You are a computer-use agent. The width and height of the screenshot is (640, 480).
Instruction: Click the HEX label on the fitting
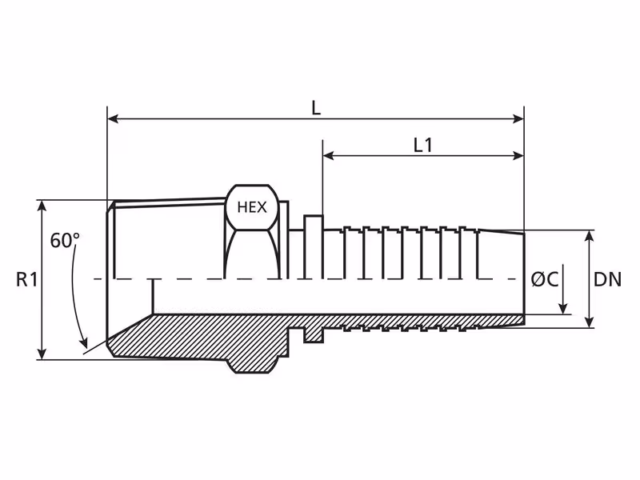(x=252, y=207)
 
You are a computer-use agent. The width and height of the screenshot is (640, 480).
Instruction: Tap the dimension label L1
(x=423, y=146)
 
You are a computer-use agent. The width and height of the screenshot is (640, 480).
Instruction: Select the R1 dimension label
(x=27, y=279)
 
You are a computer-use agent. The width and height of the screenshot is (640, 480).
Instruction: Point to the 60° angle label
(x=65, y=240)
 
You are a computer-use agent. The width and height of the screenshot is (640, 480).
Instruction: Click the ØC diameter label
(x=545, y=279)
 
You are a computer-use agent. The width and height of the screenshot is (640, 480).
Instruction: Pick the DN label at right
(x=607, y=279)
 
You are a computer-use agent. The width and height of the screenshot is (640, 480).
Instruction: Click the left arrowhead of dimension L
(x=113, y=119)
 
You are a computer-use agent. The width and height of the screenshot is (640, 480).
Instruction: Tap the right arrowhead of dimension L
(x=518, y=119)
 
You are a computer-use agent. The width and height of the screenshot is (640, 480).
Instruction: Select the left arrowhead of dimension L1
(x=328, y=155)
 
